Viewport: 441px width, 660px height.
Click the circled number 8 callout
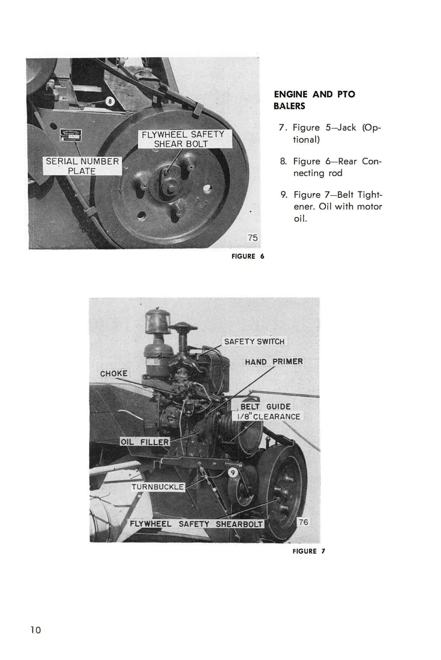coord(110,101)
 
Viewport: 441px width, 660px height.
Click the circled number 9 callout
coord(232,472)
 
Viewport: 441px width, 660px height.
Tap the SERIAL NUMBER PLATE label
coord(82,166)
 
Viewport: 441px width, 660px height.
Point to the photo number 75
coord(252,238)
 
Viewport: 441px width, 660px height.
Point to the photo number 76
coord(303,522)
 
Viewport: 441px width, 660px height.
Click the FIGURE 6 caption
coord(248,257)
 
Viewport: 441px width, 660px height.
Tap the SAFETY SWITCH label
coord(254,341)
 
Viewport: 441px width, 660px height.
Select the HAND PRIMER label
coord(274,362)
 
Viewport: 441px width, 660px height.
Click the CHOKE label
coord(114,373)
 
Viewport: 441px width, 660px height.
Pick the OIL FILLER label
coord(145,442)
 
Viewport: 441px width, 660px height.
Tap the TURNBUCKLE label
coord(158,487)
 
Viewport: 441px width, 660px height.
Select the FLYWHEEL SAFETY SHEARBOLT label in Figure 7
coord(196,524)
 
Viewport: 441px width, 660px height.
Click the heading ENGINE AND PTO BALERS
coord(314,100)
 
